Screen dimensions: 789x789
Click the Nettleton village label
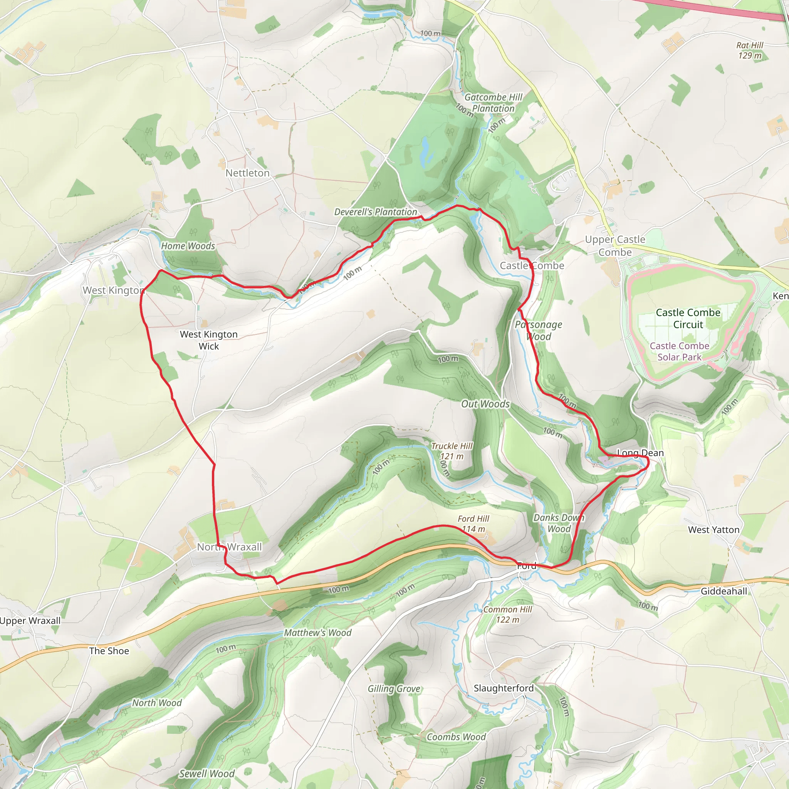click(247, 173)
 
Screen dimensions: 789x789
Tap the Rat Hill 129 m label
click(750, 50)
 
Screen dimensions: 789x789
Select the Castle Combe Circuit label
click(688, 319)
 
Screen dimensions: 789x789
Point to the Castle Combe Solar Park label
click(679, 351)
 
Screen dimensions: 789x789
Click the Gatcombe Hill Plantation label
click(494, 103)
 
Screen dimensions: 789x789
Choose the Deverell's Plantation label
click(375, 212)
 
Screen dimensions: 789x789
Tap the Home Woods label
click(188, 246)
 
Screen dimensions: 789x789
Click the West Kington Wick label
click(209, 340)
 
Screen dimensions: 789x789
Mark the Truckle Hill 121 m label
click(452, 451)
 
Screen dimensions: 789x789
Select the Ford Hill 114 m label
click(473, 524)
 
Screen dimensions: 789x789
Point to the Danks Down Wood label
click(559, 523)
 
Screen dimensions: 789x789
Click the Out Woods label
click(485, 404)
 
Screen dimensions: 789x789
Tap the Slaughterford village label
click(504, 688)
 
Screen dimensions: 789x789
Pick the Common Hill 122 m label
click(508, 614)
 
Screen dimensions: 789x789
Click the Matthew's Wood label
click(318, 633)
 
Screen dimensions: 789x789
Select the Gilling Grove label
click(394, 688)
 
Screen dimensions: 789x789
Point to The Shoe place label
click(109, 651)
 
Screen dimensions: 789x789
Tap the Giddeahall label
click(724, 591)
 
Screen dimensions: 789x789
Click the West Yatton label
click(713, 530)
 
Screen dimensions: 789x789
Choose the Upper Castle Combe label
click(615, 245)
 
